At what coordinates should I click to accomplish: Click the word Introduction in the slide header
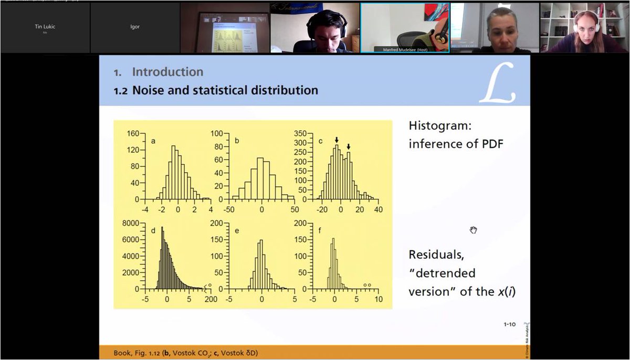point(167,72)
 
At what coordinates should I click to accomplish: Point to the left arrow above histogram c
point(337,140)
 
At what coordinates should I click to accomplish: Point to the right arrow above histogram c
point(348,147)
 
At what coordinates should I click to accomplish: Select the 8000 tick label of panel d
point(129,223)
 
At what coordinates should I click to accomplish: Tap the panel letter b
point(237,141)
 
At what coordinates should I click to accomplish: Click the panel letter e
point(237,230)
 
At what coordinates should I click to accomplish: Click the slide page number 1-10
point(509,324)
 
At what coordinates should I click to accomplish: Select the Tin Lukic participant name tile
point(45,26)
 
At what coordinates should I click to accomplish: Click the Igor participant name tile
point(135,27)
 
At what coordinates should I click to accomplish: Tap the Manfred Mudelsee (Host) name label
point(405,49)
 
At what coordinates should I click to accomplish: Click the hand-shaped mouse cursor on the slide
point(473,230)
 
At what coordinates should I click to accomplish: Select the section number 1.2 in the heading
point(121,91)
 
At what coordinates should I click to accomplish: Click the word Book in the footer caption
point(123,353)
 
